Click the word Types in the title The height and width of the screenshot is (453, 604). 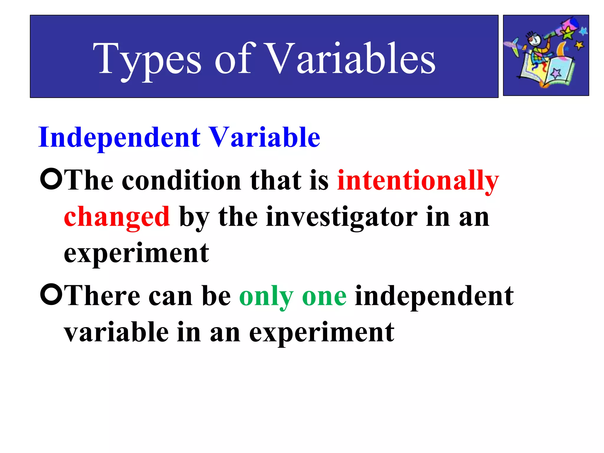tap(147, 59)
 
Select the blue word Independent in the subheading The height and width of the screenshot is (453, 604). tap(119, 137)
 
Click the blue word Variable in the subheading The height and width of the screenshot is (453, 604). tap(265, 137)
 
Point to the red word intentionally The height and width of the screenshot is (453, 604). tap(418, 180)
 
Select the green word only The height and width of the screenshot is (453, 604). tap(266, 296)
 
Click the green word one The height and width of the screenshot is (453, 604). tap(324, 296)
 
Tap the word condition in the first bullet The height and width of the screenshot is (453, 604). tap(182, 180)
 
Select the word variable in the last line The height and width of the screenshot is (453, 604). tap(116, 333)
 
